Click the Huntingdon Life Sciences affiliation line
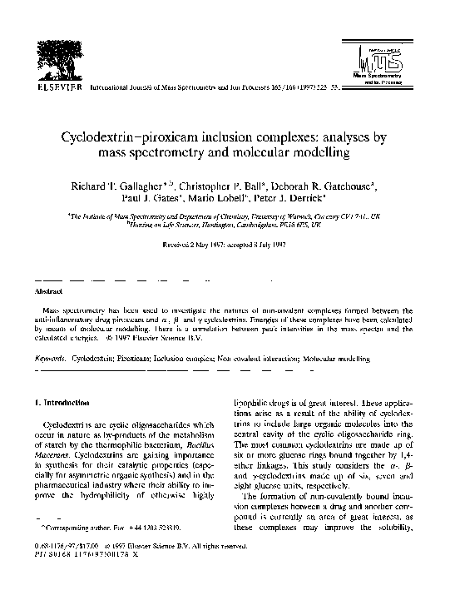(x=222, y=226)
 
